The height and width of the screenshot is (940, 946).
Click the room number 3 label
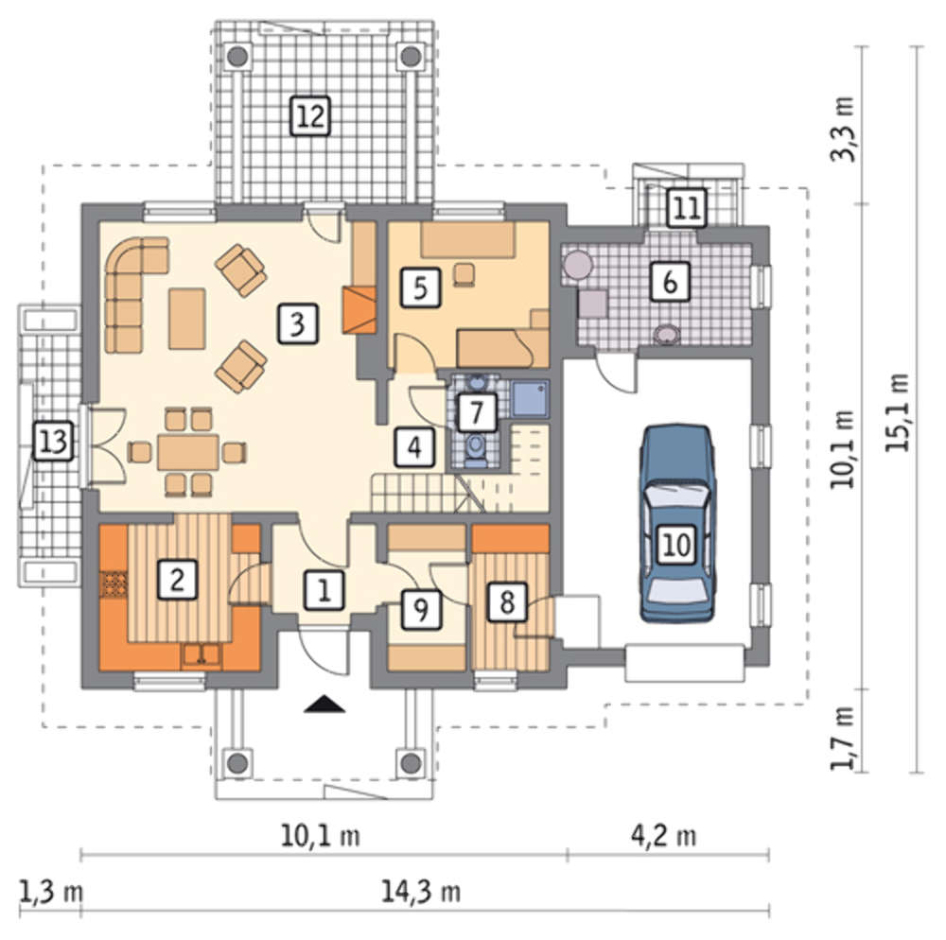(297, 324)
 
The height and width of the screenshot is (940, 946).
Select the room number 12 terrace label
(310, 114)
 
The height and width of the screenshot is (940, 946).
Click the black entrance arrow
(324, 704)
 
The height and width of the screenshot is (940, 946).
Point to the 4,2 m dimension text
(664, 836)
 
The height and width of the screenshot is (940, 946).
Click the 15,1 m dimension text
(897, 411)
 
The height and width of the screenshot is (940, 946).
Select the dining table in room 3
(188, 452)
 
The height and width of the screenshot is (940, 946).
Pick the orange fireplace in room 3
(359, 310)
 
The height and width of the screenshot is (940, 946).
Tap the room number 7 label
(477, 412)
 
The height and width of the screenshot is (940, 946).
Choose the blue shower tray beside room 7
(531, 398)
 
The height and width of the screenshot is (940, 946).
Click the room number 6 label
(670, 281)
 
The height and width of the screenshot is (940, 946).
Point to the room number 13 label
(53, 442)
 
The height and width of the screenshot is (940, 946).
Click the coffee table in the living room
(187, 319)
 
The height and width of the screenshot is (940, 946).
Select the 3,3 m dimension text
(844, 129)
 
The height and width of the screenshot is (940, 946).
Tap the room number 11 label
(687, 208)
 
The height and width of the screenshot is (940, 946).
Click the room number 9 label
(421, 609)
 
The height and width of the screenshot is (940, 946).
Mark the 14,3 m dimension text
(421, 891)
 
